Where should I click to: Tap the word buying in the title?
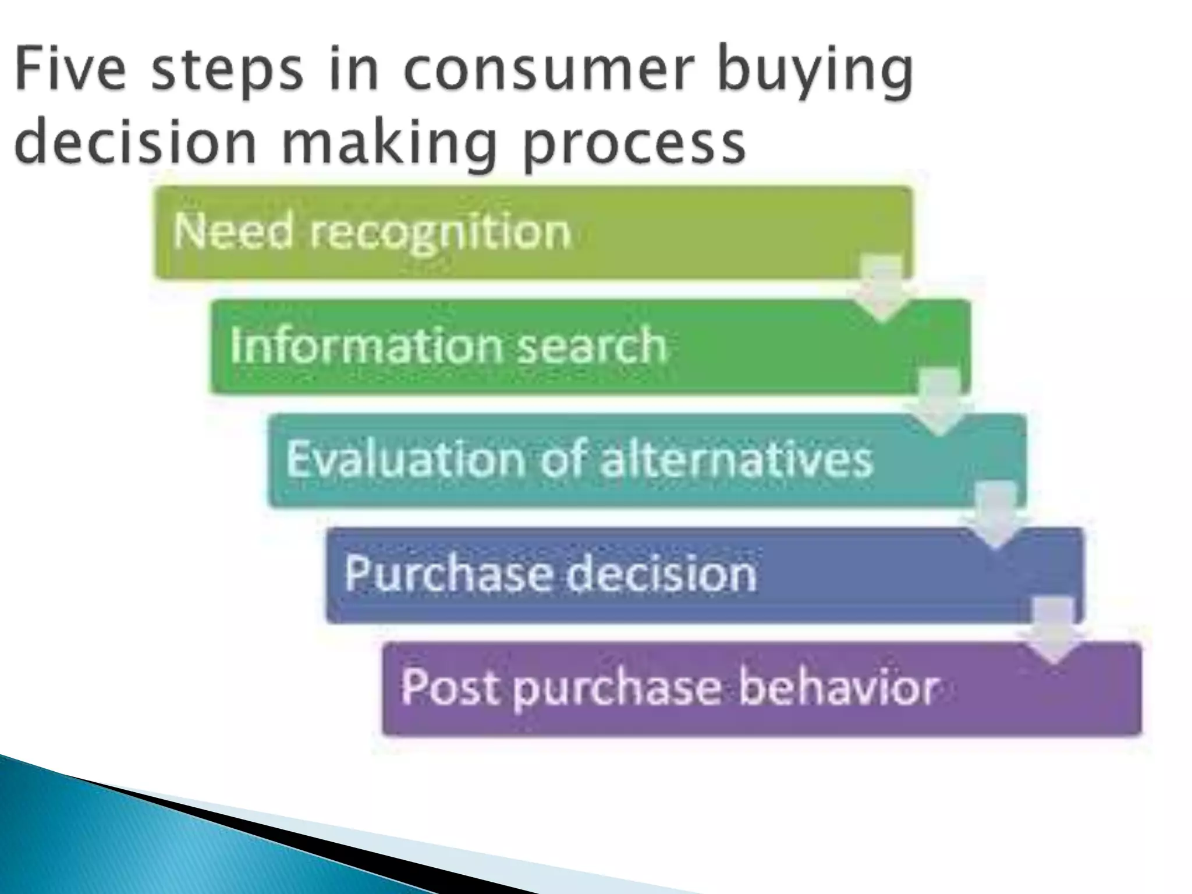pos(814,73)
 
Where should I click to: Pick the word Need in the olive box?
pos(233,231)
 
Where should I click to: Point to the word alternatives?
pos(736,458)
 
